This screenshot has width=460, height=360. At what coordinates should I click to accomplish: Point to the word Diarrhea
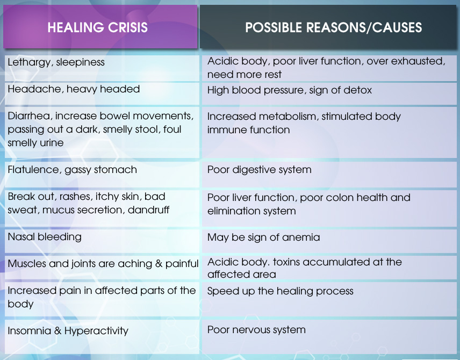tap(30, 116)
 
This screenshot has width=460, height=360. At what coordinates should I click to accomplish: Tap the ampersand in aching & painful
tap(159, 264)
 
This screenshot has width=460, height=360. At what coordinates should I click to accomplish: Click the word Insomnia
tap(30, 331)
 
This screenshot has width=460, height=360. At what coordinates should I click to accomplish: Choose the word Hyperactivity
tap(96, 331)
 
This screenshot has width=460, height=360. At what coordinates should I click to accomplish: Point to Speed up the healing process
tap(280, 291)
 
